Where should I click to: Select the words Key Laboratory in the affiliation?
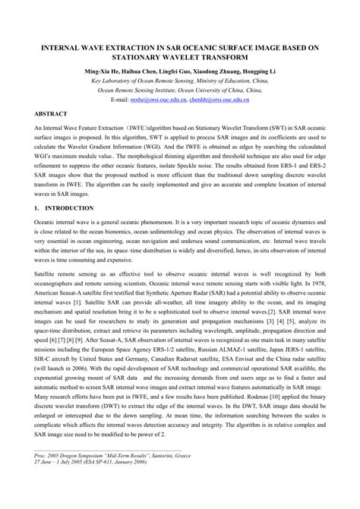(112, 79)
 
